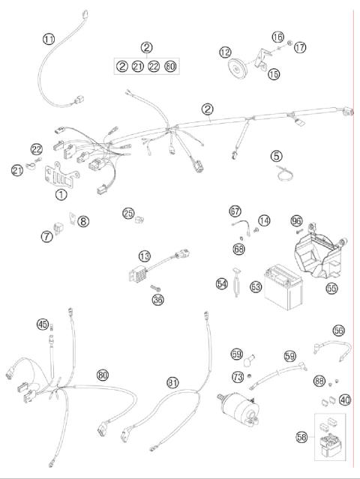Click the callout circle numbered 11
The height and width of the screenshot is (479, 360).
[49, 39]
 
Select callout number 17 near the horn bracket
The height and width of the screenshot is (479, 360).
[300, 47]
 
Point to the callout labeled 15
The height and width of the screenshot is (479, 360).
[272, 73]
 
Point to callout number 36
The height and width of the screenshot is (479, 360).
[157, 300]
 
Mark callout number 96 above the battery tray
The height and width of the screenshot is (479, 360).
[296, 221]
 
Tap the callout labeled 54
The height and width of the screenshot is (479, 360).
[222, 284]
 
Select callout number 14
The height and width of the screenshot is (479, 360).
[264, 221]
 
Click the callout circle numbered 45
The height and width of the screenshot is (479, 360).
[43, 324]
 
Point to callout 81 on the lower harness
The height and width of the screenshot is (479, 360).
[173, 383]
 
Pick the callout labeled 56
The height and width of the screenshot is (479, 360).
[338, 330]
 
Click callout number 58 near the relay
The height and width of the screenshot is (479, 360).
[301, 435]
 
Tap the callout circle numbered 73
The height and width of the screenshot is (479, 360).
[237, 376]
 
